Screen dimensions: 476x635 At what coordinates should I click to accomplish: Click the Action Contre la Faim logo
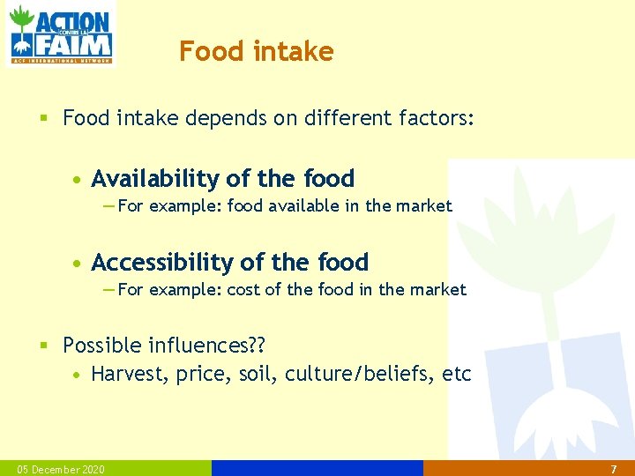tap(60, 34)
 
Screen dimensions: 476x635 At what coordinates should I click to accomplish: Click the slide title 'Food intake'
tap(256, 52)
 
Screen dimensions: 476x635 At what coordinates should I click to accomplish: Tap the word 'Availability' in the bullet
tap(155, 179)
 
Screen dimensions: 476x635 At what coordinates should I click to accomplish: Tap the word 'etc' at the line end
tap(457, 374)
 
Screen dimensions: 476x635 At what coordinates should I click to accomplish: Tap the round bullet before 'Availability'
tap(78, 180)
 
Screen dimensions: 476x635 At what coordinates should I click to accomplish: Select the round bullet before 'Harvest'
tap(78, 375)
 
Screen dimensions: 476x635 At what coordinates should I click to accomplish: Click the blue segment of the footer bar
tap(317, 468)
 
